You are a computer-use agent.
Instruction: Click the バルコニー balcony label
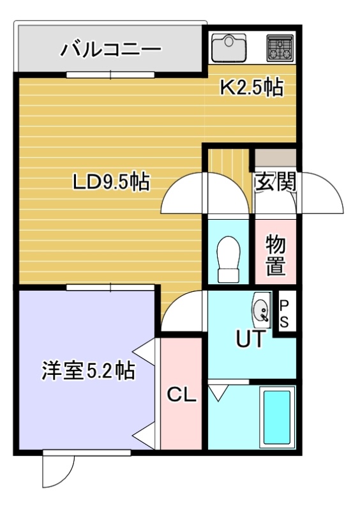coord(111,49)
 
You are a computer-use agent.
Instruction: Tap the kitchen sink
coord(229,48)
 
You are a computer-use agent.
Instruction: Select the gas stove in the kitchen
coord(280,48)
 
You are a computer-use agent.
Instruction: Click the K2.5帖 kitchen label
coord(251,88)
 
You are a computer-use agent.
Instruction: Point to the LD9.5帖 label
coord(111,182)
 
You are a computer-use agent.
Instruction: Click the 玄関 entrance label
coord(276,181)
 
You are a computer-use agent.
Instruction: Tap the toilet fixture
coord(229,259)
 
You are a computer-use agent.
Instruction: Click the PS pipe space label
coord(284,314)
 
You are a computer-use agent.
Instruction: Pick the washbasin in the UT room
coord(261,310)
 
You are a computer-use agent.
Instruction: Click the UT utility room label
coord(250,339)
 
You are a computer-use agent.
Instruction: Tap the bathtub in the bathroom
coord(277,418)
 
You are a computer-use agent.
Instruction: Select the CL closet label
coord(181,395)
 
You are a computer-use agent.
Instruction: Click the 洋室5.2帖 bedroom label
coord(88,370)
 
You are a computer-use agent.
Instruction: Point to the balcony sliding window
coord(110,75)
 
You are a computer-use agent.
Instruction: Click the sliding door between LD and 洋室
coord(110,287)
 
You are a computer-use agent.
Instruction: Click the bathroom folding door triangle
coord(218,393)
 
